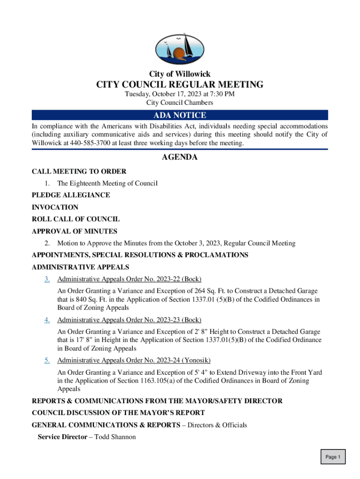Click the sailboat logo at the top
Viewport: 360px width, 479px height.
point(180,49)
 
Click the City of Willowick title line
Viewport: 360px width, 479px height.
point(180,74)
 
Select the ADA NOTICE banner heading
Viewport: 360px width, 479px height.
point(180,115)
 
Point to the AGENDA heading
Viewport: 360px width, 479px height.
point(180,157)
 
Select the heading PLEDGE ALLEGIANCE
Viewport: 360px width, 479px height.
point(71,195)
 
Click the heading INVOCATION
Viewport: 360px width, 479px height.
point(55,207)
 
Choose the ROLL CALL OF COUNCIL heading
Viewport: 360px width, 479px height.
point(75,219)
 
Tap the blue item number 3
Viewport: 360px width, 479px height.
point(47,280)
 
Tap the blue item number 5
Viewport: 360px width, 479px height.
point(47,360)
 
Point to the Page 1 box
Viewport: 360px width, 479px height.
point(333,457)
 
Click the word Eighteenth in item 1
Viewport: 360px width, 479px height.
point(86,183)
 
